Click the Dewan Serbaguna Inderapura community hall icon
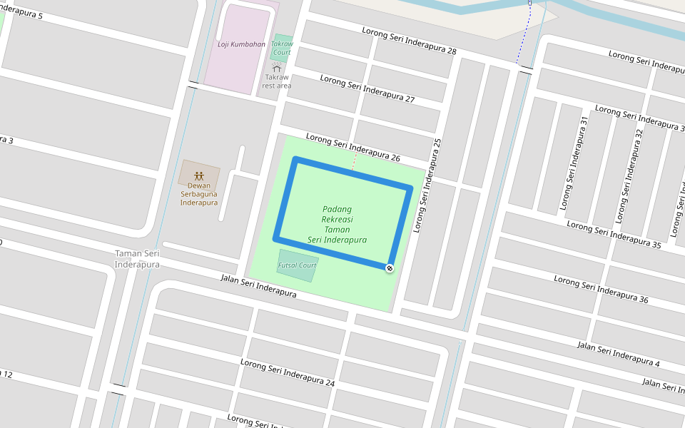point(198,175)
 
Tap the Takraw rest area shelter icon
point(276,66)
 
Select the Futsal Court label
point(297,265)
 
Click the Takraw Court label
point(282,48)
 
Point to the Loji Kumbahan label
point(241,44)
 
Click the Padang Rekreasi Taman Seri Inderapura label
point(337,225)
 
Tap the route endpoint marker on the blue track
point(390,268)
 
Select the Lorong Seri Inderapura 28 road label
point(409,41)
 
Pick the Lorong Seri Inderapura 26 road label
point(352,147)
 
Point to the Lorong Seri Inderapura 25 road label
point(428,185)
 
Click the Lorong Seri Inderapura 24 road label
point(287,372)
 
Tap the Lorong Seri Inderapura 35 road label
point(614,234)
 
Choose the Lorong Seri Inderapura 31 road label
point(575,163)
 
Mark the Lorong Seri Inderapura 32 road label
point(629,166)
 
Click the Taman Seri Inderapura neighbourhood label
point(137,259)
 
